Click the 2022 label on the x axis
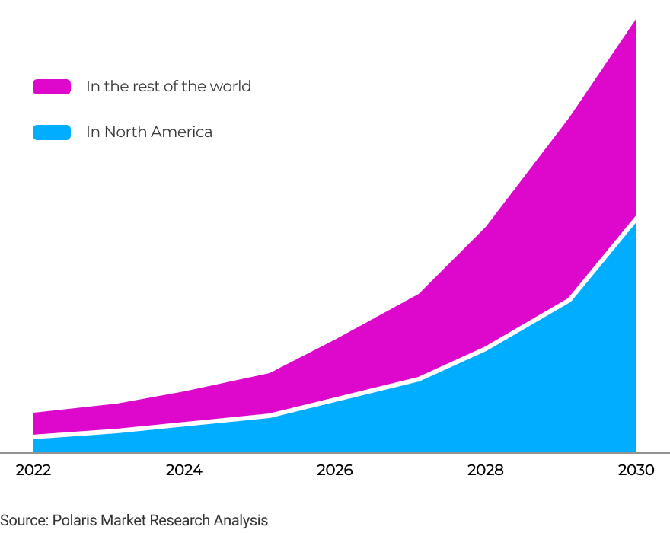click(33, 470)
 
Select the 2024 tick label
click(184, 470)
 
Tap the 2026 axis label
click(335, 470)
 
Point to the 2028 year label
click(486, 470)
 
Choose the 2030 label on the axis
click(636, 470)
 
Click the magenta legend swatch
click(52, 87)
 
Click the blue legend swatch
click(52, 132)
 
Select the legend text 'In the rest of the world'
click(168, 86)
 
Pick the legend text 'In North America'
click(149, 132)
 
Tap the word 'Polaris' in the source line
click(75, 521)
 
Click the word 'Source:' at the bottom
click(24, 521)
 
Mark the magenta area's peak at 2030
click(636, 19)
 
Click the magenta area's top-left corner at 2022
click(33, 413)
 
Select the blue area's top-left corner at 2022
click(33, 439)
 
